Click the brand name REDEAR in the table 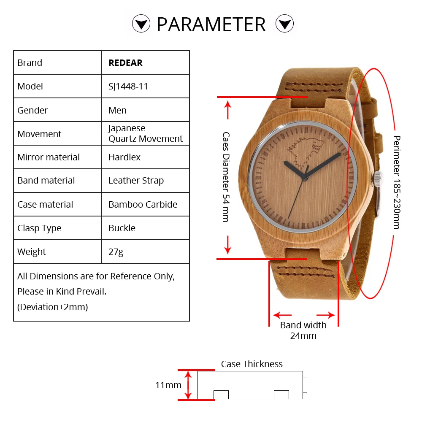(125, 63)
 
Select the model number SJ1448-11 (128, 87)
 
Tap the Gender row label (32, 110)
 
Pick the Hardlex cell (124, 157)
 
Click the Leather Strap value (136, 181)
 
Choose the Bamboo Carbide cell (143, 204)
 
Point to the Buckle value (122, 228)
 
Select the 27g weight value (116, 252)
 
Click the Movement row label (39, 134)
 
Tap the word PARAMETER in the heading (211, 24)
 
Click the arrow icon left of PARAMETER (141, 24)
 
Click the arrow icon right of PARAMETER (284, 24)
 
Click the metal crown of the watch (377, 179)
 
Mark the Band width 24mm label (303, 330)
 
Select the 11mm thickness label (168, 385)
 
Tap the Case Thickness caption (252, 364)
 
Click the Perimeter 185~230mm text (396, 182)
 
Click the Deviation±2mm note (52, 307)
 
